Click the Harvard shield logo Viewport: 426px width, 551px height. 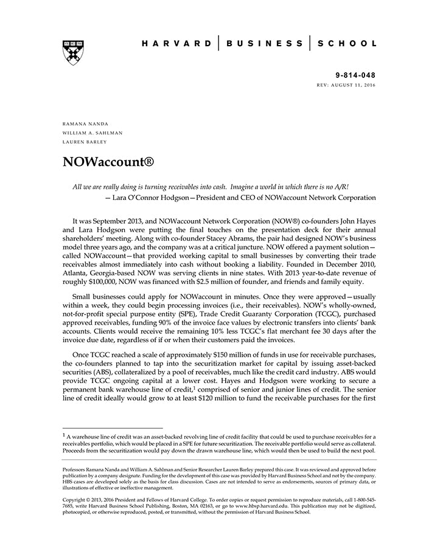click(x=73, y=52)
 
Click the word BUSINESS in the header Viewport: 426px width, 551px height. click(x=264, y=44)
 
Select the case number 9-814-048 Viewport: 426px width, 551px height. click(x=355, y=75)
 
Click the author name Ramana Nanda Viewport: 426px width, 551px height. click(x=85, y=124)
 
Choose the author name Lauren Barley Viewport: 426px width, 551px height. click(x=85, y=142)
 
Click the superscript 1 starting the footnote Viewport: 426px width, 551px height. click(x=65, y=434)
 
